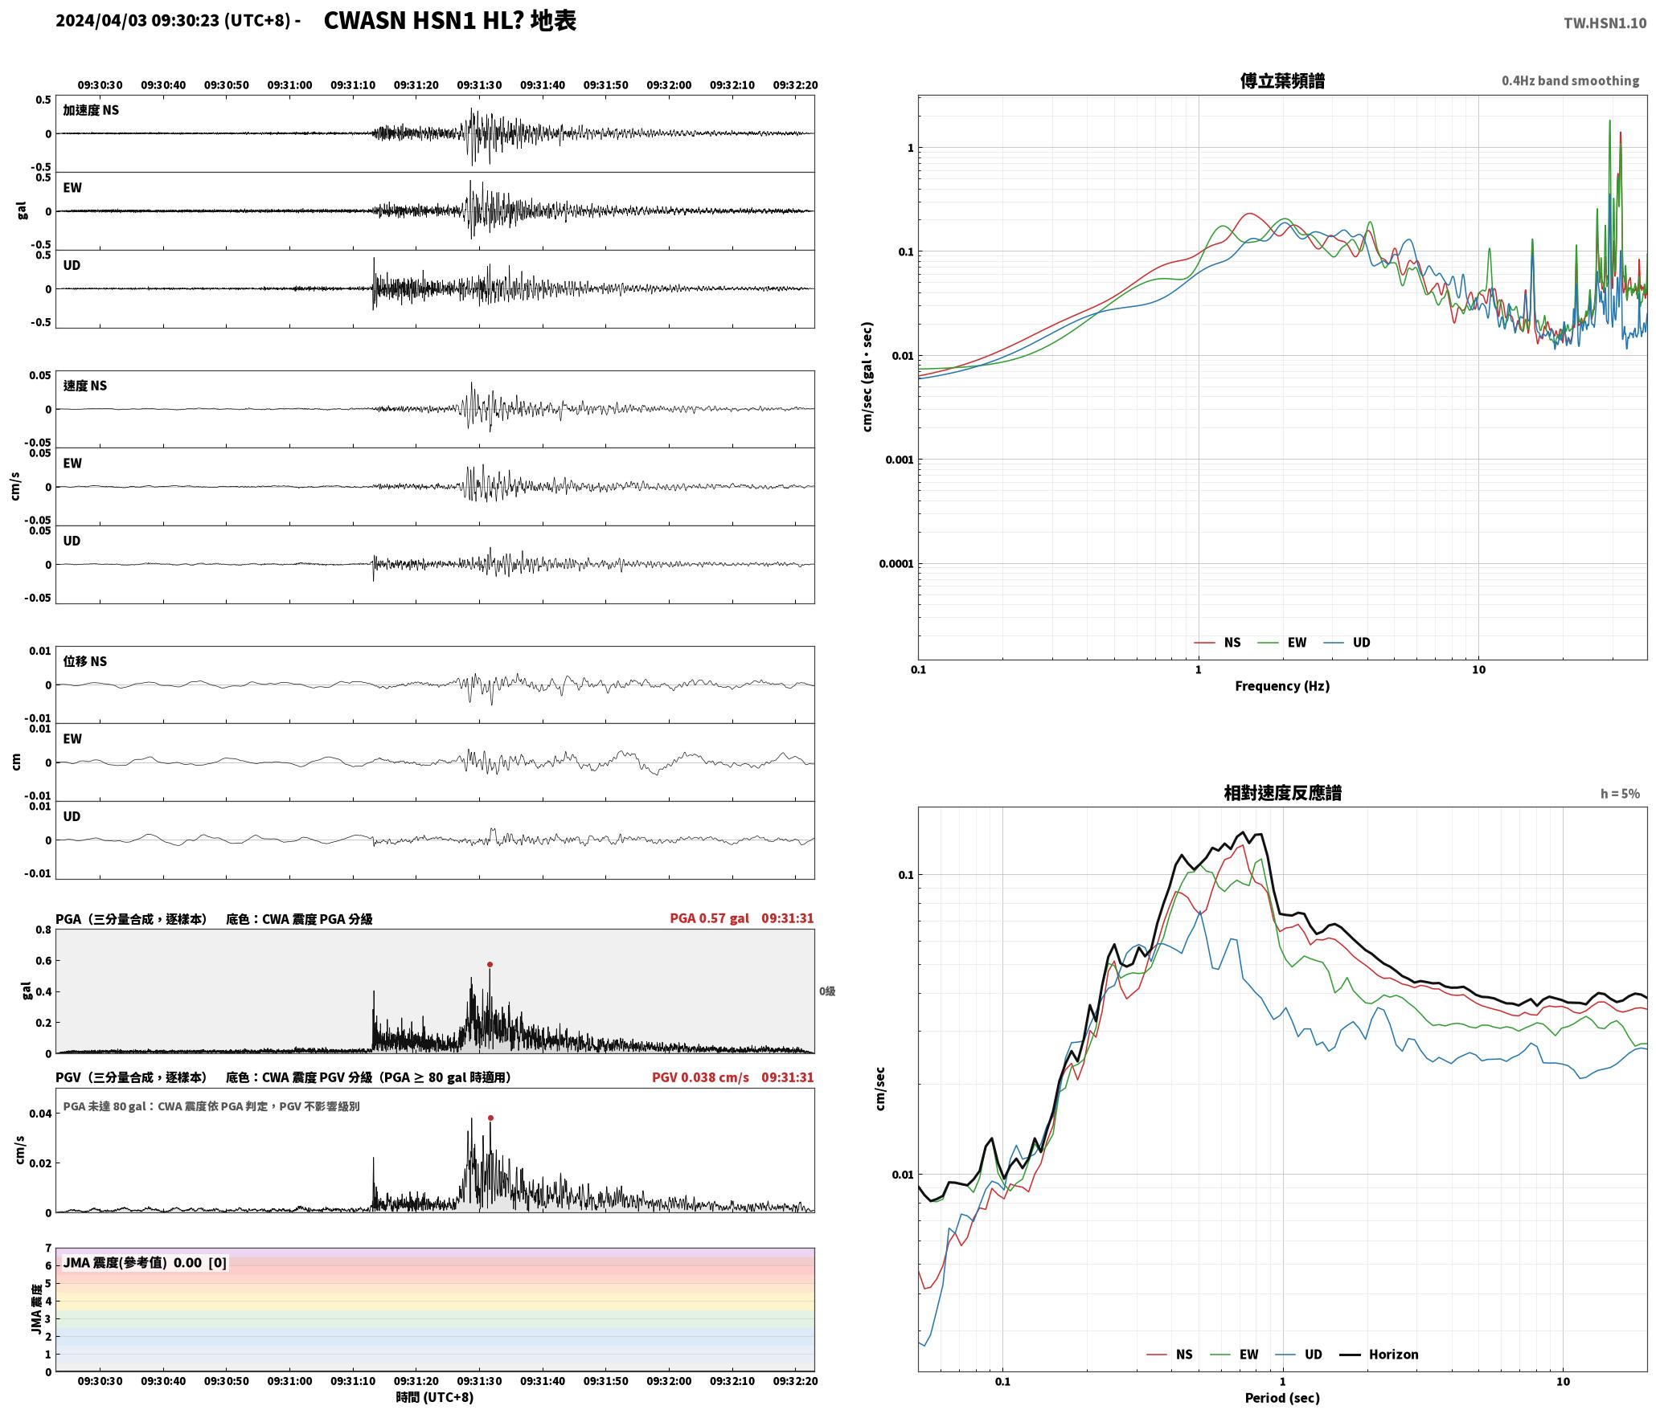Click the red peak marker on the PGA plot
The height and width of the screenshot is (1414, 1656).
pyautogui.click(x=490, y=964)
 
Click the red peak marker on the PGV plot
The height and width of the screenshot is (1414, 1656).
pyautogui.click(x=490, y=1118)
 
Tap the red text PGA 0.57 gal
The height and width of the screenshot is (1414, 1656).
pyautogui.click(x=709, y=918)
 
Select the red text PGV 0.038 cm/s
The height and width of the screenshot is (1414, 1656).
pyautogui.click(x=700, y=1077)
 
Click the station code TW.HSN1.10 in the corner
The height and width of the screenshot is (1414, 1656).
pyautogui.click(x=1605, y=23)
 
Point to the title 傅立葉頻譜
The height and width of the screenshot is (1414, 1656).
pyautogui.click(x=1282, y=81)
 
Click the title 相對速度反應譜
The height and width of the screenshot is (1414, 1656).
pyautogui.click(x=1282, y=793)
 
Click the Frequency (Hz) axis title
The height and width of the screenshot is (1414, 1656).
pyautogui.click(x=1282, y=686)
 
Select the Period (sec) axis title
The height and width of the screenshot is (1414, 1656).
pyautogui.click(x=1282, y=1398)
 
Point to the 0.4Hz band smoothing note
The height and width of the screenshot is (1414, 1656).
pyautogui.click(x=1570, y=81)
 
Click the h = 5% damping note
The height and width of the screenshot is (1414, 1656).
pyautogui.click(x=1620, y=794)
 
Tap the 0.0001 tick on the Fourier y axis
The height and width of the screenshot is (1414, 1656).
pyautogui.click(x=896, y=564)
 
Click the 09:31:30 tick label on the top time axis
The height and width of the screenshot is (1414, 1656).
pyautogui.click(x=479, y=85)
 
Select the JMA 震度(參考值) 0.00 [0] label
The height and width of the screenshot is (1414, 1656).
pyautogui.click(x=145, y=1263)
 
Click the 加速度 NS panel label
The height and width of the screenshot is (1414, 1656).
pyautogui.click(x=91, y=110)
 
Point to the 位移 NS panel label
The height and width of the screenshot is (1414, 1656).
pyautogui.click(x=85, y=661)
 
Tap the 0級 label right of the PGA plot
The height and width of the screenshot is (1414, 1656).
pyautogui.click(x=827, y=991)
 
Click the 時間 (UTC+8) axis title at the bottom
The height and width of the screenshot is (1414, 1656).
pyautogui.click(x=435, y=1397)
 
